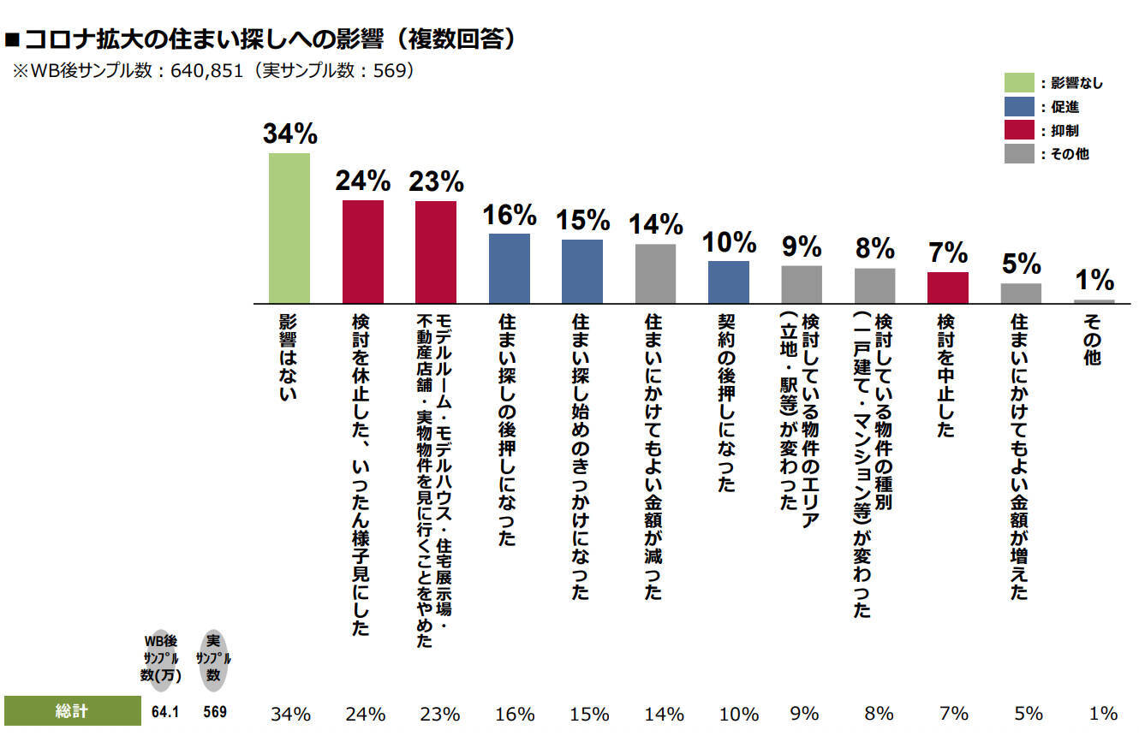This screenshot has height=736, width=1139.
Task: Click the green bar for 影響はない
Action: (x=289, y=229)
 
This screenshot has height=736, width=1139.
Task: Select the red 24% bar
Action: (x=363, y=252)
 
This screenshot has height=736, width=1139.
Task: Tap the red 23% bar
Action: (x=436, y=252)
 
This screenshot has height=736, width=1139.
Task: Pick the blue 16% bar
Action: (x=510, y=269)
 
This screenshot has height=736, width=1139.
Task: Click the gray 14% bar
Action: (x=656, y=274)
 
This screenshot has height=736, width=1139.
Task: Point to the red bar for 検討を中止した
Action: (x=948, y=288)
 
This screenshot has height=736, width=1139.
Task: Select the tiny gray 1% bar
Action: (x=1094, y=301)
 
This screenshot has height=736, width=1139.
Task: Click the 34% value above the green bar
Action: (x=290, y=134)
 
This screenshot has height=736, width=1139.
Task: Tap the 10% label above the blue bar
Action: (x=728, y=242)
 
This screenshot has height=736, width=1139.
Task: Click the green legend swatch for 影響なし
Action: (x=1019, y=83)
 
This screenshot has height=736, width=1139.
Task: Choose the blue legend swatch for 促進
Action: (x=1019, y=107)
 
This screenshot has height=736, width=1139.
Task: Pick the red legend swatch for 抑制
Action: (x=1019, y=130)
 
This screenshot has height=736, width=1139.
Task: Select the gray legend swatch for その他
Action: (x=1019, y=154)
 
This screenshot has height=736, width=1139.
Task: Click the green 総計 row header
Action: (x=72, y=711)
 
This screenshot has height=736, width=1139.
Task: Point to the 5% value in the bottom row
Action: (x=1029, y=714)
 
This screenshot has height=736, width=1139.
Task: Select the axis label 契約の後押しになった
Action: (x=728, y=401)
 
